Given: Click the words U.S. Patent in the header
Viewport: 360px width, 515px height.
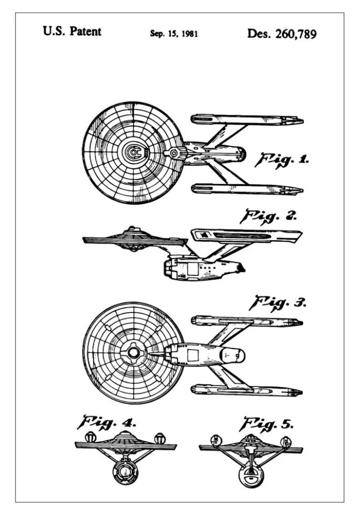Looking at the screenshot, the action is point(72,32).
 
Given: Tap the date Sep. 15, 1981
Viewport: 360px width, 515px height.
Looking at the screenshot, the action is point(174,34).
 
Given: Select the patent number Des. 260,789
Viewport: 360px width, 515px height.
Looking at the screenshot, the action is point(282,34).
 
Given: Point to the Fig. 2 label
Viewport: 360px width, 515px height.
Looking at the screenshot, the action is point(269,217).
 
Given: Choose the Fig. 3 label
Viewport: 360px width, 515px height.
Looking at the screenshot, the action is point(277,303).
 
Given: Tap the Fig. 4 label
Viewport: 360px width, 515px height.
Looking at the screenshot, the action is point(106,422).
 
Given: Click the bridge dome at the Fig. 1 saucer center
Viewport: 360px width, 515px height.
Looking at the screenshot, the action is point(134,152).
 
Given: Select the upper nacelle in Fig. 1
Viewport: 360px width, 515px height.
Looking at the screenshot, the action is point(247,120).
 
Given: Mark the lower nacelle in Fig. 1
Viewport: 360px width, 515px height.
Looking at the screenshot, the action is point(247,189).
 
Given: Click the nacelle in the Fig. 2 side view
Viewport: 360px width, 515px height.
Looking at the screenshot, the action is point(246,236).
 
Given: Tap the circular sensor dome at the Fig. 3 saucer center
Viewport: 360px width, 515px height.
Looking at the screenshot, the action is point(133,353).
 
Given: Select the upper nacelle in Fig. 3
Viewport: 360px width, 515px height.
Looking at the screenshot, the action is point(247,321).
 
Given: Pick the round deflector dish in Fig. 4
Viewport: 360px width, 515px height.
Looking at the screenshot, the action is point(125,472).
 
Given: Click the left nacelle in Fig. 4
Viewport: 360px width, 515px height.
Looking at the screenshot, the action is point(90,438).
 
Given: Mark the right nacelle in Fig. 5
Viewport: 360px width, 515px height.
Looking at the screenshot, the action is point(287,441).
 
